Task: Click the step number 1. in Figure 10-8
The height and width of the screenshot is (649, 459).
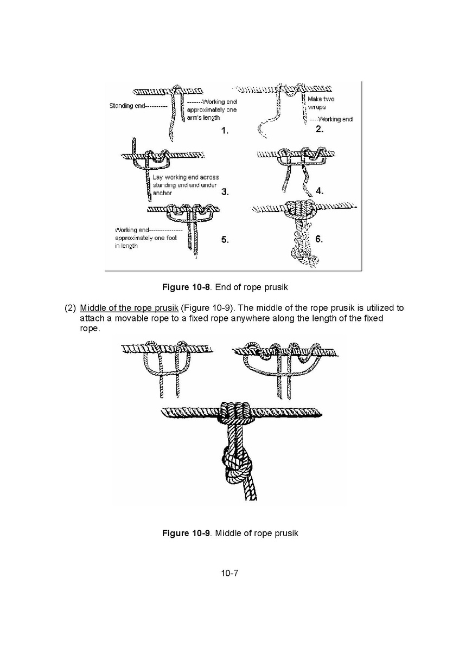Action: [x=225, y=131]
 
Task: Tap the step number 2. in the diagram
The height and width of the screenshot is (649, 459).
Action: [x=319, y=130]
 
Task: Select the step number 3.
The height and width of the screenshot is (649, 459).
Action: [x=225, y=191]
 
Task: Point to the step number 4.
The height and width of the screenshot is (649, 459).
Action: [x=319, y=190]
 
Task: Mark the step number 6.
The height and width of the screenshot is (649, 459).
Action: [x=319, y=239]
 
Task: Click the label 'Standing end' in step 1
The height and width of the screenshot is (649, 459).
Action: [x=127, y=106]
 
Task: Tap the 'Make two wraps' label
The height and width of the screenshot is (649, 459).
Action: [x=321, y=103]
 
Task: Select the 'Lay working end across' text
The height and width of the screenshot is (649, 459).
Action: [x=186, y=177]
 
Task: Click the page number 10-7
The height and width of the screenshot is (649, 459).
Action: [x=229, y=573]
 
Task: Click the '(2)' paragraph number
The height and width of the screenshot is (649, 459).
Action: [x=70, y=308]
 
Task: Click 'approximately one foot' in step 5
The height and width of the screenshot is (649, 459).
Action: [x=142, y=238]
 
